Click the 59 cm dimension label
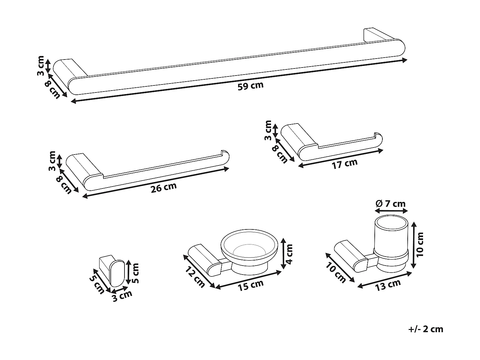[250, 86]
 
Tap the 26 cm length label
[164, 188]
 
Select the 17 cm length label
[345, 164]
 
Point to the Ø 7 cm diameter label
[391, 204]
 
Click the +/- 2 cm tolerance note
[426, 329]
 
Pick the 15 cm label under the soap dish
[251, 285]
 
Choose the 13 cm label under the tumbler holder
[388, 284]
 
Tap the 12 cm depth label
[195, 277]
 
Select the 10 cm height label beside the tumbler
[420, 244]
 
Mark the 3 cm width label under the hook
[122, 296]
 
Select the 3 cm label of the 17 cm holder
[268, 130]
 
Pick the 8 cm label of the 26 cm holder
[64, 185]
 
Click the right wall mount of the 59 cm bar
[376, 35]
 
